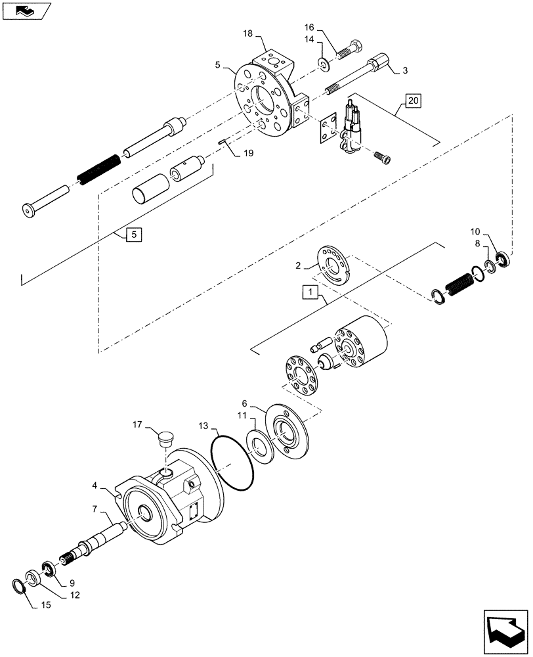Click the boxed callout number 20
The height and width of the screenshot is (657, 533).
pyautogui.click(x=413, y=101)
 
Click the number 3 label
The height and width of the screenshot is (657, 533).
pyautogui.click(x=406, y=70)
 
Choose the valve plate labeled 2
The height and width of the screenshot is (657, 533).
pyautogui.click(x=335, y=263)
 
